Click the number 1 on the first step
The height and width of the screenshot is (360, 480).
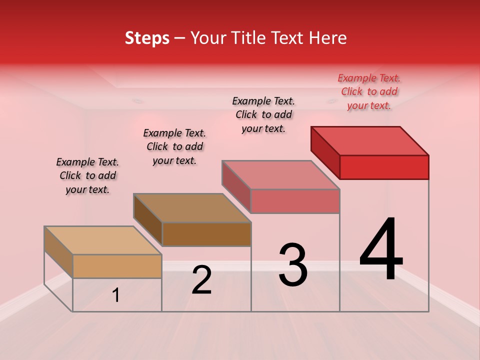[116, 295]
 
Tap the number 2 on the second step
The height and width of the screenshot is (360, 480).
[201, 280]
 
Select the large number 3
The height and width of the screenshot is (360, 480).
[293, 265]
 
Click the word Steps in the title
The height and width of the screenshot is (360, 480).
[147, 38]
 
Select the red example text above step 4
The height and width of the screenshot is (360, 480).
[369, 91]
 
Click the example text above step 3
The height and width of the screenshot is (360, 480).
[263, 114]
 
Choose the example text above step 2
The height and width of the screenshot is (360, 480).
[174, 146]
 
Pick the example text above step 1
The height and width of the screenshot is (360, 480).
[87, 175]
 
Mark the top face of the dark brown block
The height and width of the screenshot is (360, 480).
[192, 208]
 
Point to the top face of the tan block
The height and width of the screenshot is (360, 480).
[103, 240]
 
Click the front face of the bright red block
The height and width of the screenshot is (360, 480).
[384, 167]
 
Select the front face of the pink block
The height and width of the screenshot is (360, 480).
[295, 201]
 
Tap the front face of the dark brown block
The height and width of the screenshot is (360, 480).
[206, 234]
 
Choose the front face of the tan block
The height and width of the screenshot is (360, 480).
[117, 266]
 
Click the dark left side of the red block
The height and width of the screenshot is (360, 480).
[325, 152]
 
